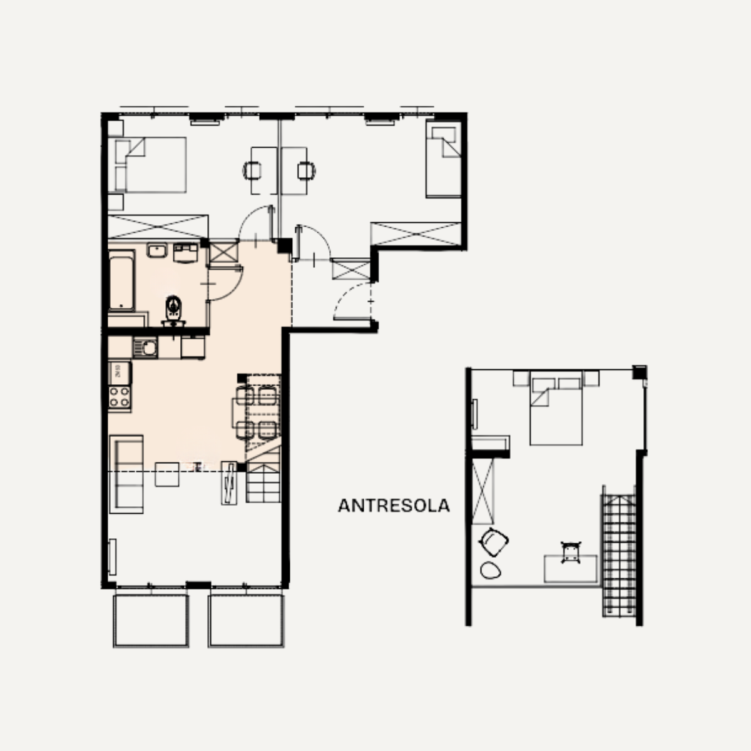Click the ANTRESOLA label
[x=394, y=506]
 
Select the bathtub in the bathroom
[x=121, y=280]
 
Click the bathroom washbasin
[x=157, y=250]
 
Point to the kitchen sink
[x=145, y=347]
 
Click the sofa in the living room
[x=126, y=474]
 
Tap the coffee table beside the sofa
[x=167, y=474]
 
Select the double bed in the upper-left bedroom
[x=151, y=165]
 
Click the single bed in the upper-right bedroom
[x=444, y=158]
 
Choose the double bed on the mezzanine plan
[x=556, y=407]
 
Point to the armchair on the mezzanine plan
[x=494, y=541]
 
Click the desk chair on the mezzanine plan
[x=571, y=552]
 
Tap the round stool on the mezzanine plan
[x=490, y=571]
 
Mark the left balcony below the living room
[x=151, y=621]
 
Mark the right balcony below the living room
[x=246, y=621]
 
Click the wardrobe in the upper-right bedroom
[x=416, y=234]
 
